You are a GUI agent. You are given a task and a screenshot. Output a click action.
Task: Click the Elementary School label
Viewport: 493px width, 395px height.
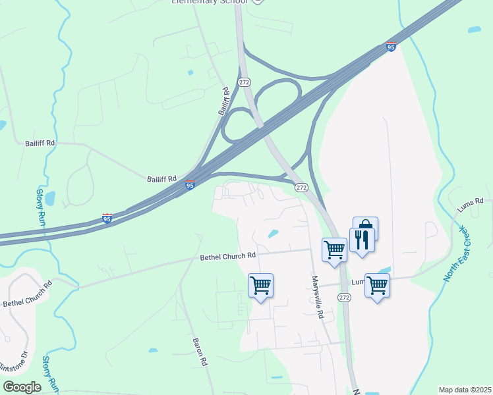point(209,2)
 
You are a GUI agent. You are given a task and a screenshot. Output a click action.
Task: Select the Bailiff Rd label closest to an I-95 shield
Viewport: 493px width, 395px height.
point(162,178)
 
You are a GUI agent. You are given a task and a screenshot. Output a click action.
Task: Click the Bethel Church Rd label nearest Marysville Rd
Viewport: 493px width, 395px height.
point(227,256)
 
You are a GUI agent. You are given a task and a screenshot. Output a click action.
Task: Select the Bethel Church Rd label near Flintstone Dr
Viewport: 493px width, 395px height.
point(27,294)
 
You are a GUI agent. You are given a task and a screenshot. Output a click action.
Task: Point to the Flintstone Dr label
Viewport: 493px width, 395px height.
point(13,363)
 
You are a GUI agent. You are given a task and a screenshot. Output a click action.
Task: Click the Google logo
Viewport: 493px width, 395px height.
point(22,387)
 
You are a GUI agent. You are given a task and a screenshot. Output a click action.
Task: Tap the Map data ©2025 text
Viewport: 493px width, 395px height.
point(465,390)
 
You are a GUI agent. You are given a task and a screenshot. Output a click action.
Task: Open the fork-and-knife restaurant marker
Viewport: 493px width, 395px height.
point(362,240)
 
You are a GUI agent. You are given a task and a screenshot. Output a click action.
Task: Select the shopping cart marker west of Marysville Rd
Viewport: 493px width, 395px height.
point(261,286)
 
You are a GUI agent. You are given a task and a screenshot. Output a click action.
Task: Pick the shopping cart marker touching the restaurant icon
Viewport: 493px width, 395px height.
point(334,250)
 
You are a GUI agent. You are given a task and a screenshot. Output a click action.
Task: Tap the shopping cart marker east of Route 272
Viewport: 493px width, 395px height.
point(377,286)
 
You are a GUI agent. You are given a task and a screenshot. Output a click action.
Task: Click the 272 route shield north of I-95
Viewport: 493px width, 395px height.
point(245,82)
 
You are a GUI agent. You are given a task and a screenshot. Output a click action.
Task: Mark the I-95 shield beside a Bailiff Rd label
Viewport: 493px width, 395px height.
point(190,186)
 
